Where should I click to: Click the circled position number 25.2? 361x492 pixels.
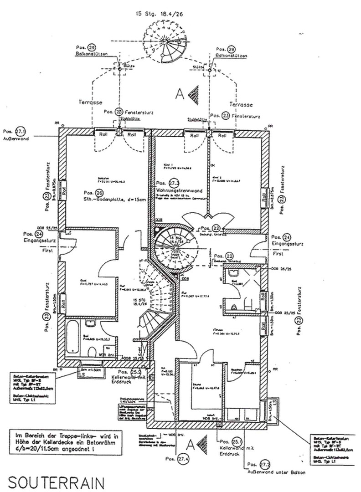(134, 372)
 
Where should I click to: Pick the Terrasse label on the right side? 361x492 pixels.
(241, 103)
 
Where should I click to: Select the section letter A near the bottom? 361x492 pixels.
(192, 444)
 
